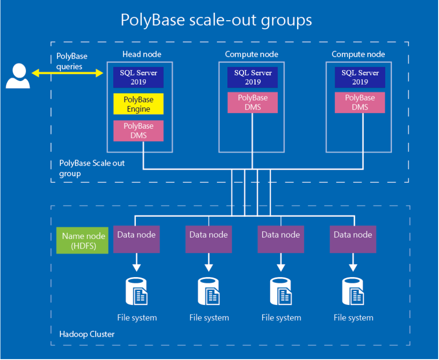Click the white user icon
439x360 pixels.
pyautogui.click(x=18, y=76)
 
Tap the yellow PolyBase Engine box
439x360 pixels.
pyautogui.click(x=138, y=104)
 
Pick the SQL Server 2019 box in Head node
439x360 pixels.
pyautogui.click(x=138, y=77)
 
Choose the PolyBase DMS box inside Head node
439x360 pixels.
pyautogui.click(x=138, y=131)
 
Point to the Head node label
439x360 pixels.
pyautogui.click(x=141, y=54)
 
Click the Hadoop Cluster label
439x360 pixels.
pyautogui.click(x=87, y=334)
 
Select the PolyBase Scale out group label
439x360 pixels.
pyautogui.click(x=92, y=168)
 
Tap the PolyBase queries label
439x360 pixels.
pyautogui.click(x=72, y=61)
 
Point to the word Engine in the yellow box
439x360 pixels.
pyautogui.click(x=138, y=109)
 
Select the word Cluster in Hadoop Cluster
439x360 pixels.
pyautogui.click(x=101, y=334)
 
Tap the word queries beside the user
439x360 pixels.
pyautogui.click(x=69, y=66)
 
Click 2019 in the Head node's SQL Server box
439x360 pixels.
pyautogui.click(x=138, y=82)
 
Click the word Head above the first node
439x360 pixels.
pyautogui.click(x=131, y=54)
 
